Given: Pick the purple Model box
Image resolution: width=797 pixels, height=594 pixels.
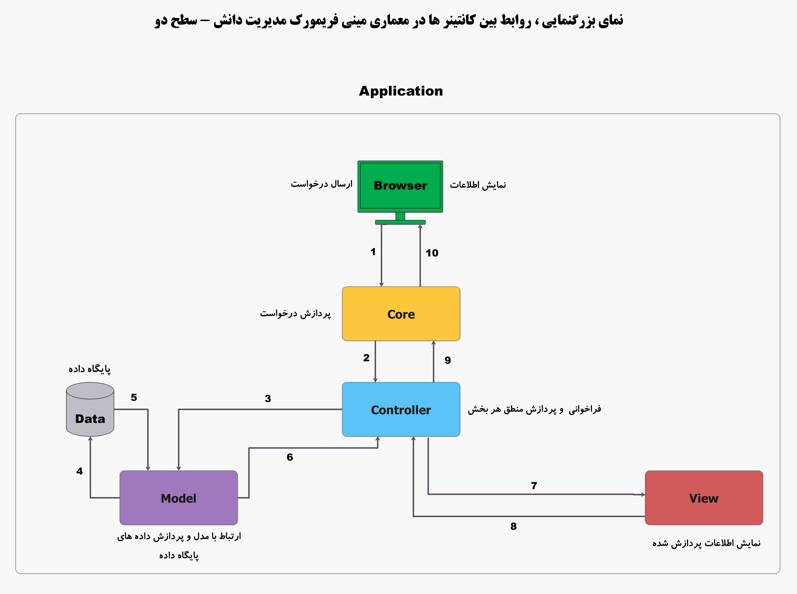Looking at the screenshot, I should pos(178,498).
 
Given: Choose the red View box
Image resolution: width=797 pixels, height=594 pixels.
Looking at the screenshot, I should pos(703,498).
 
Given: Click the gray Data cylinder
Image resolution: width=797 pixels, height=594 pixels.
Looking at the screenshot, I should pos(90,410).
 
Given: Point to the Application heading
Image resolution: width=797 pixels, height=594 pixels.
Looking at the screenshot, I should pos(401,91).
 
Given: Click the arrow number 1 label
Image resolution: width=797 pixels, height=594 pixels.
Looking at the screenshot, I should pos(373,252).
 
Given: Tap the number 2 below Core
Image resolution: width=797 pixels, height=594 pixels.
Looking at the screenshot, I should pos(366,358).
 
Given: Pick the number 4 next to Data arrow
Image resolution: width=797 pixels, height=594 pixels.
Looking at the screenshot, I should pos(79,471).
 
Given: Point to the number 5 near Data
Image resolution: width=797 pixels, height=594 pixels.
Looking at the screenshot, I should pos(134,397).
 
